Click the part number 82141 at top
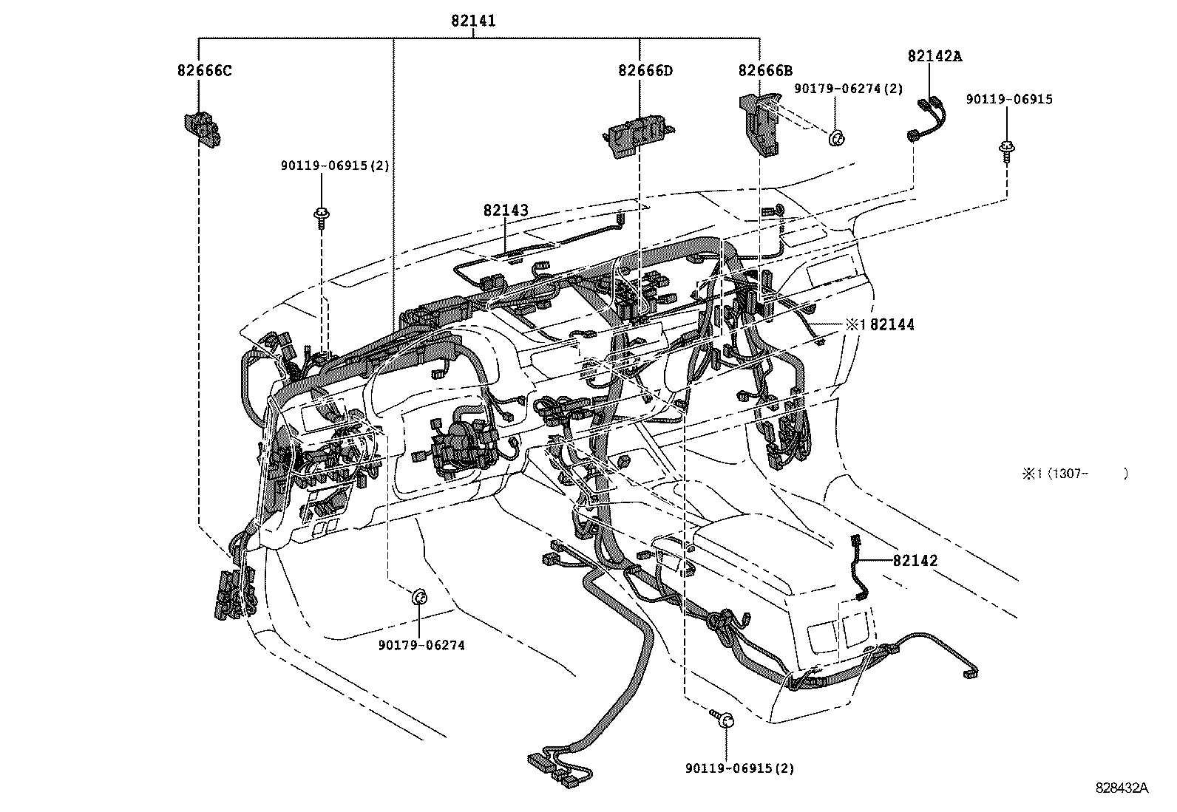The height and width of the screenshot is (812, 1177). coord(473,21)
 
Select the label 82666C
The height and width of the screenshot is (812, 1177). coord(204,71)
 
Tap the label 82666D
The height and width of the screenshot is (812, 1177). coord(645,71)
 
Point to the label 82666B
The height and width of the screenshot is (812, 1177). coord(765,71)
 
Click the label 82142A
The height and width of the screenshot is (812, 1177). coord(935,56)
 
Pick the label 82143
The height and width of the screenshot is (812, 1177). coord(506,211)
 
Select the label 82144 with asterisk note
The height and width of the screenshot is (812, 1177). coord(881,324)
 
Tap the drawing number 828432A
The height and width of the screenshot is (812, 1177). coord(1122,788)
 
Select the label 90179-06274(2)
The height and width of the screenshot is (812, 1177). coord(849,89)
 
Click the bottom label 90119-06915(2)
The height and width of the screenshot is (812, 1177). coord(739,768)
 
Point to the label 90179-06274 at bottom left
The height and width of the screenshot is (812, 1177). coord(421,645)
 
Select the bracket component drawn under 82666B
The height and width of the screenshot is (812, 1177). coord(762,123)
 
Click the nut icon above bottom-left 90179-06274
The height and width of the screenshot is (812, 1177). coord(418,596)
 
